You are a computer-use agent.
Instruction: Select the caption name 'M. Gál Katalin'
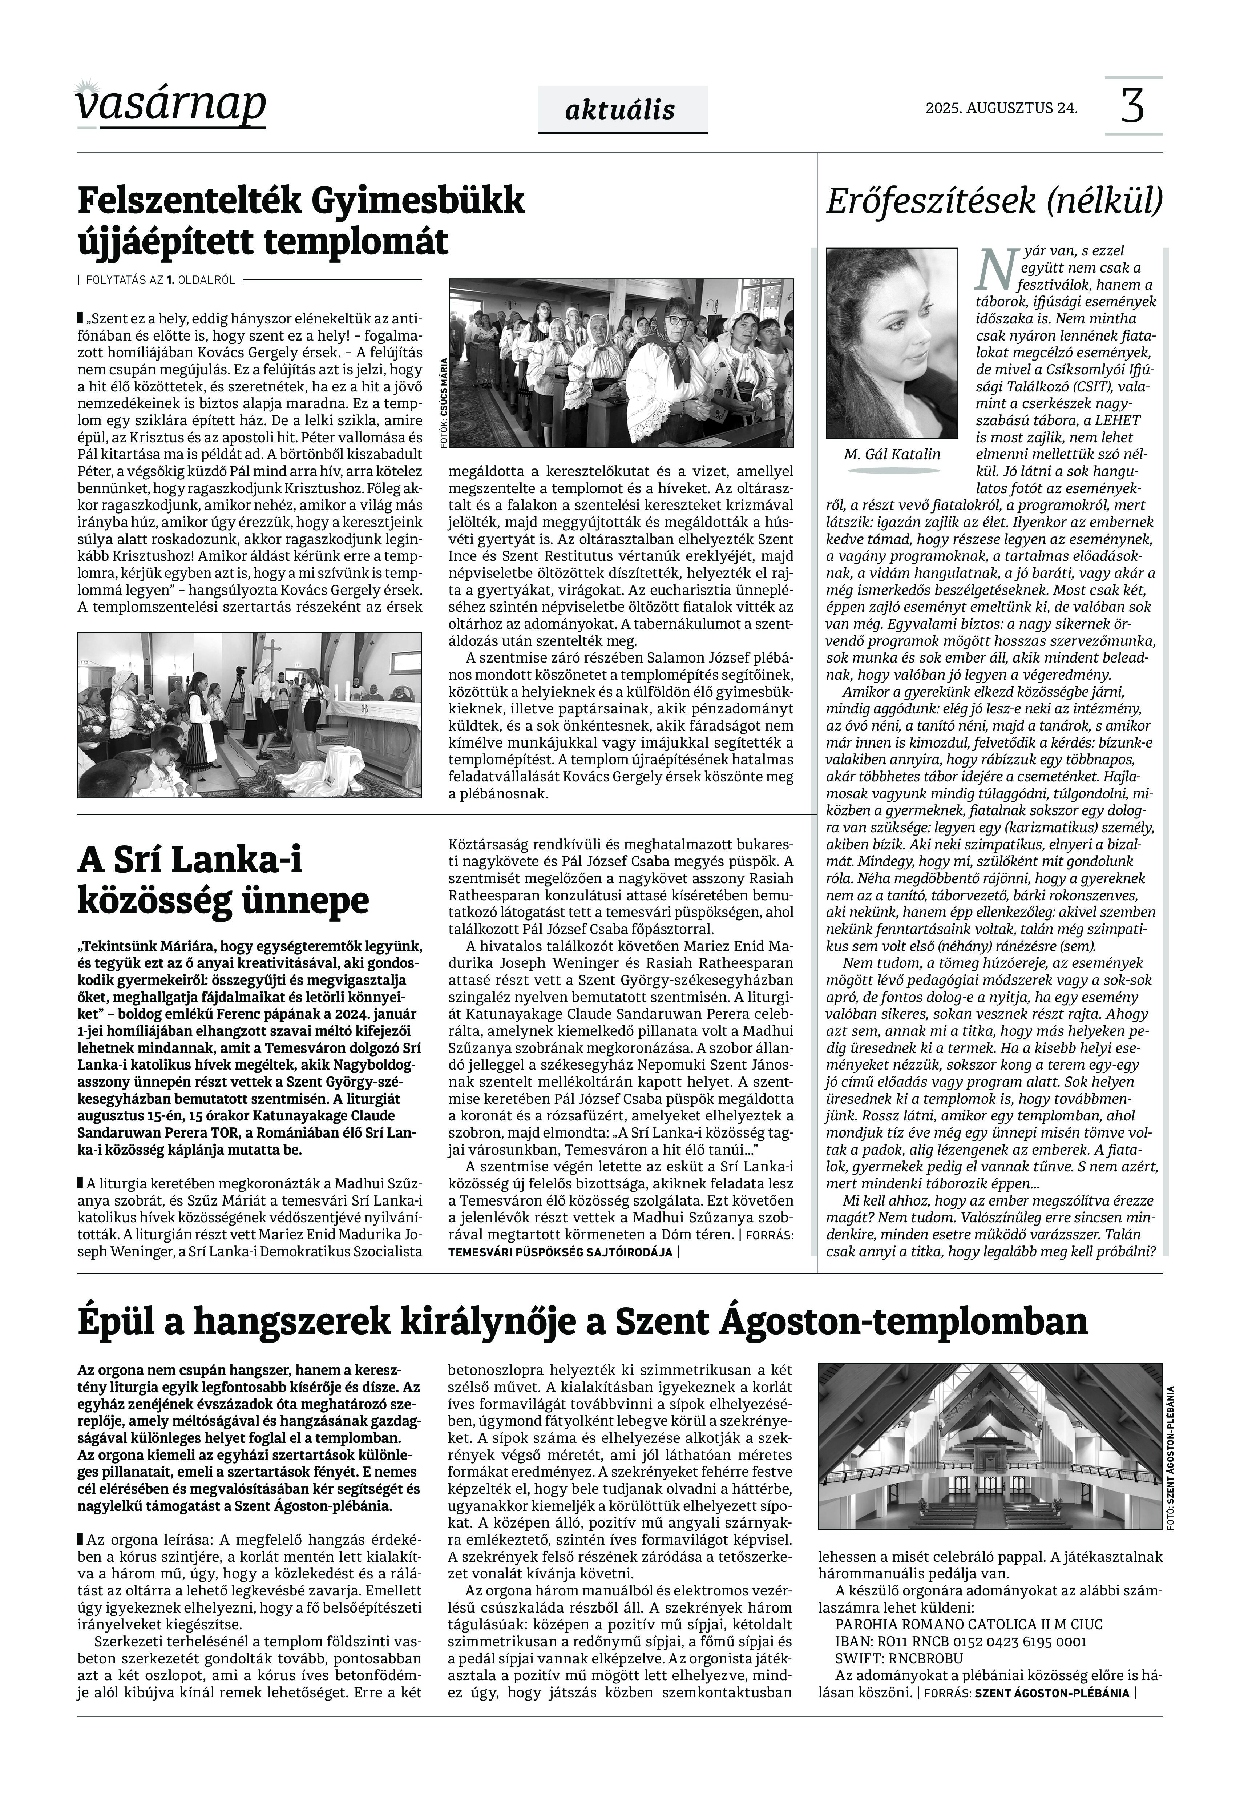pyautogui.click(x=891, y=455)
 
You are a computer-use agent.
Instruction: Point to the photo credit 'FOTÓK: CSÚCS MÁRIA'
pyautogui.click(x=444, y=402)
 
